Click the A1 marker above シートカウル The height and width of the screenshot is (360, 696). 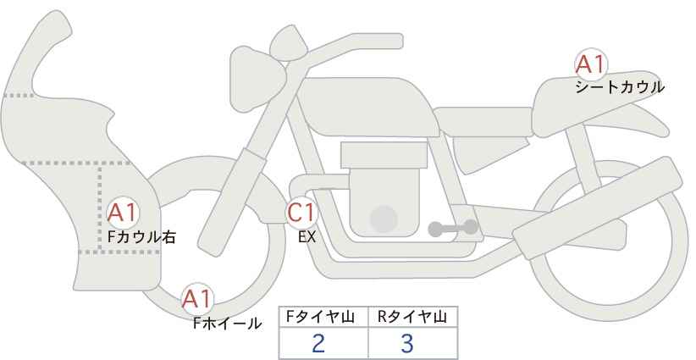point(591,64)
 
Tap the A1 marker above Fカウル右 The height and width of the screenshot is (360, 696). point(123,213)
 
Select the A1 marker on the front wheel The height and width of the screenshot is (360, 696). point(197,299)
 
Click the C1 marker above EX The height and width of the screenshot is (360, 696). point(301,213)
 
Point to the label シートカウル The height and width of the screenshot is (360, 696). point(620,87)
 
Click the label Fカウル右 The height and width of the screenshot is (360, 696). point(141,237)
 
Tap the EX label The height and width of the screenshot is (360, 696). point(307,237)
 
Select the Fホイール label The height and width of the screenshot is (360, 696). point(227,324)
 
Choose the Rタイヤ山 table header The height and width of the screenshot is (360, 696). point(412,317)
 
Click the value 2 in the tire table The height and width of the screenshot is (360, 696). point(318,343)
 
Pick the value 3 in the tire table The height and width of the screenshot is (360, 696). point(407,343)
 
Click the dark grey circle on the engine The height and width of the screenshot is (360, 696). point(384,219)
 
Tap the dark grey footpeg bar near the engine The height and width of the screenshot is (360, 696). point(453,228)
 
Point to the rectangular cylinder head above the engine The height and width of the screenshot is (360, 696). point(384,155)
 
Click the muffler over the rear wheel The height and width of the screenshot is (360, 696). point(598,208)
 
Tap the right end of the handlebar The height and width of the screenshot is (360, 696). point(400,42)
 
